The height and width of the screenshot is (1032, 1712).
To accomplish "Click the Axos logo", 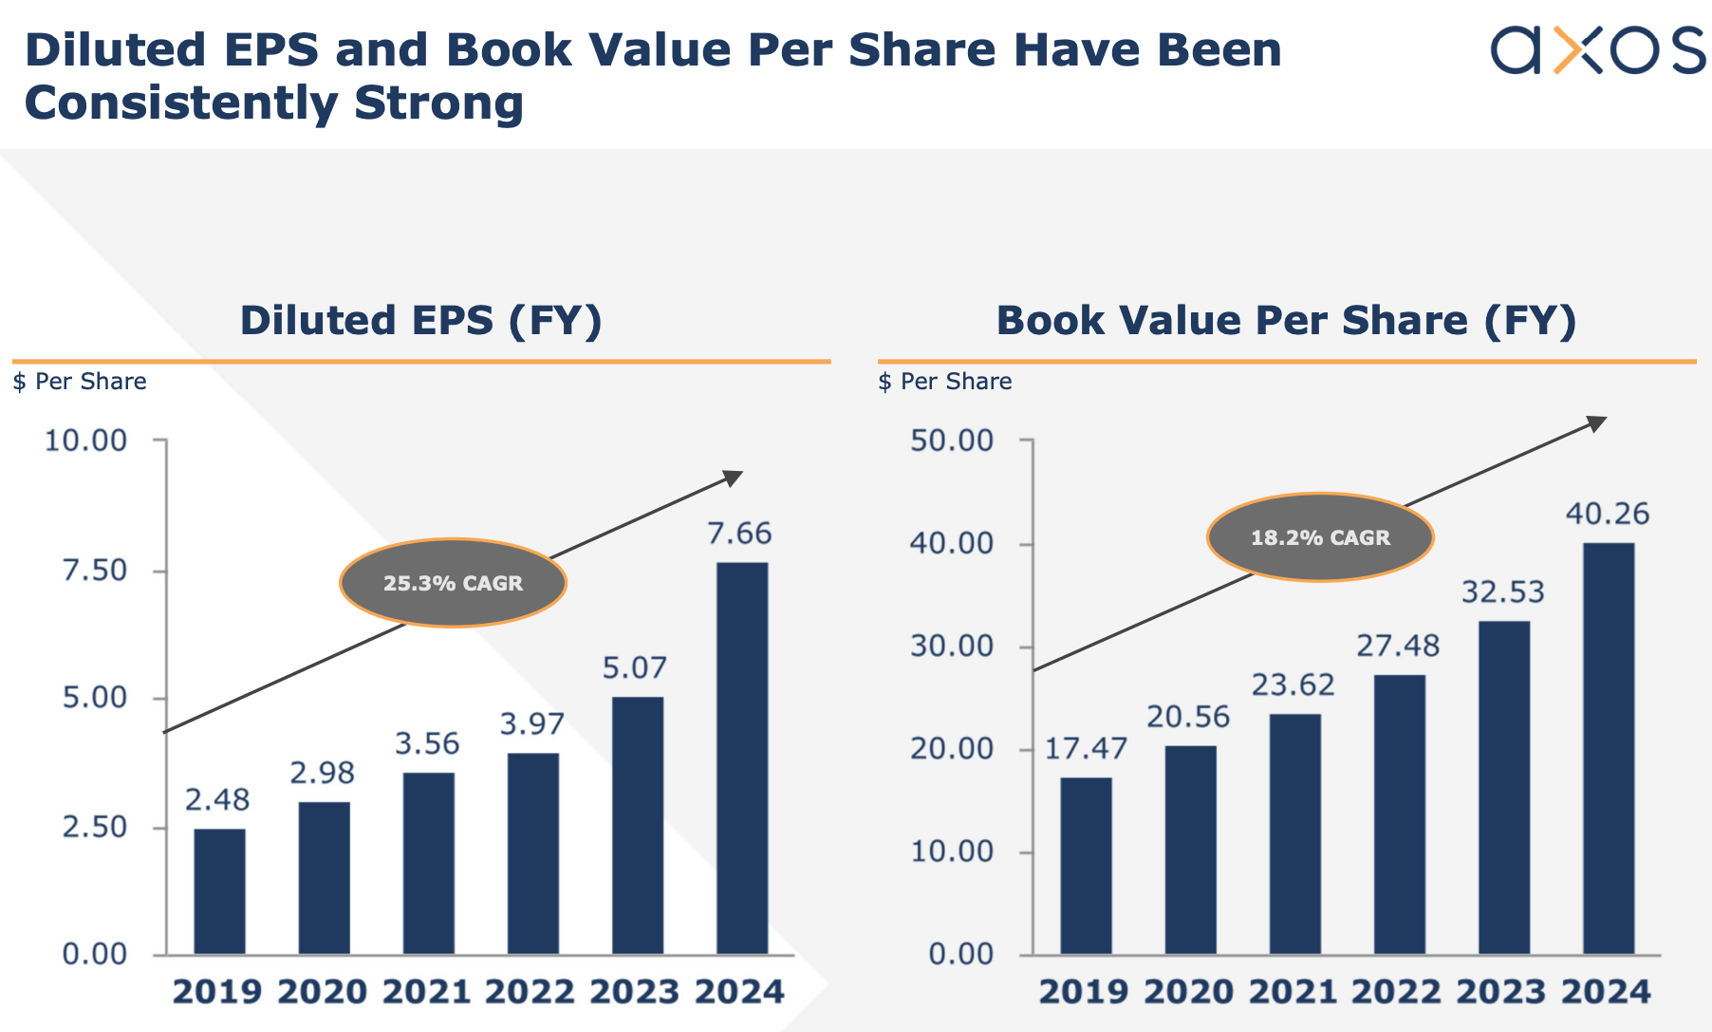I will coord(1597,49).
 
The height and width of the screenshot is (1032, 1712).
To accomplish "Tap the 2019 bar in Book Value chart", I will coord(1086,865).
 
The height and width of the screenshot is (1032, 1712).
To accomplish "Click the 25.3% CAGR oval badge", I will coord(453,583).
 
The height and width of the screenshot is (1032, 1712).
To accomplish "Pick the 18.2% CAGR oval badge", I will coord(1319,537).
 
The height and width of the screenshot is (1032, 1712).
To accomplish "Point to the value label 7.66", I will coord(739,534).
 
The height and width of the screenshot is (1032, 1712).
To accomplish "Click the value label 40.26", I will coord(1607,514).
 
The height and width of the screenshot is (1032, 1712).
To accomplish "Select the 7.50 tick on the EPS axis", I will coord(94,571).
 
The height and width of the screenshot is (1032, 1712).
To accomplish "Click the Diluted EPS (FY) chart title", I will coord(420,320).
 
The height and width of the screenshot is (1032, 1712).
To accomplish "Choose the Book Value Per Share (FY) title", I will coord(1286,320).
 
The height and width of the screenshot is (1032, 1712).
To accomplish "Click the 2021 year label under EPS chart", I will coord(426,992).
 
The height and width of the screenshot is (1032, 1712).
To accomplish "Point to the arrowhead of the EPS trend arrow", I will coord(734,478).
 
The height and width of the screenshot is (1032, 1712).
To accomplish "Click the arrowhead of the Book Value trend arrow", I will coord(1598,422).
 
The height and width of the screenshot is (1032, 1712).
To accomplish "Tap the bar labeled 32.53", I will coord(1503,787).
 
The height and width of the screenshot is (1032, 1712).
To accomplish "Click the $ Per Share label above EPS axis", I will coord(80,382).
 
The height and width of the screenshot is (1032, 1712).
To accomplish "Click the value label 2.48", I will coord(217,800).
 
